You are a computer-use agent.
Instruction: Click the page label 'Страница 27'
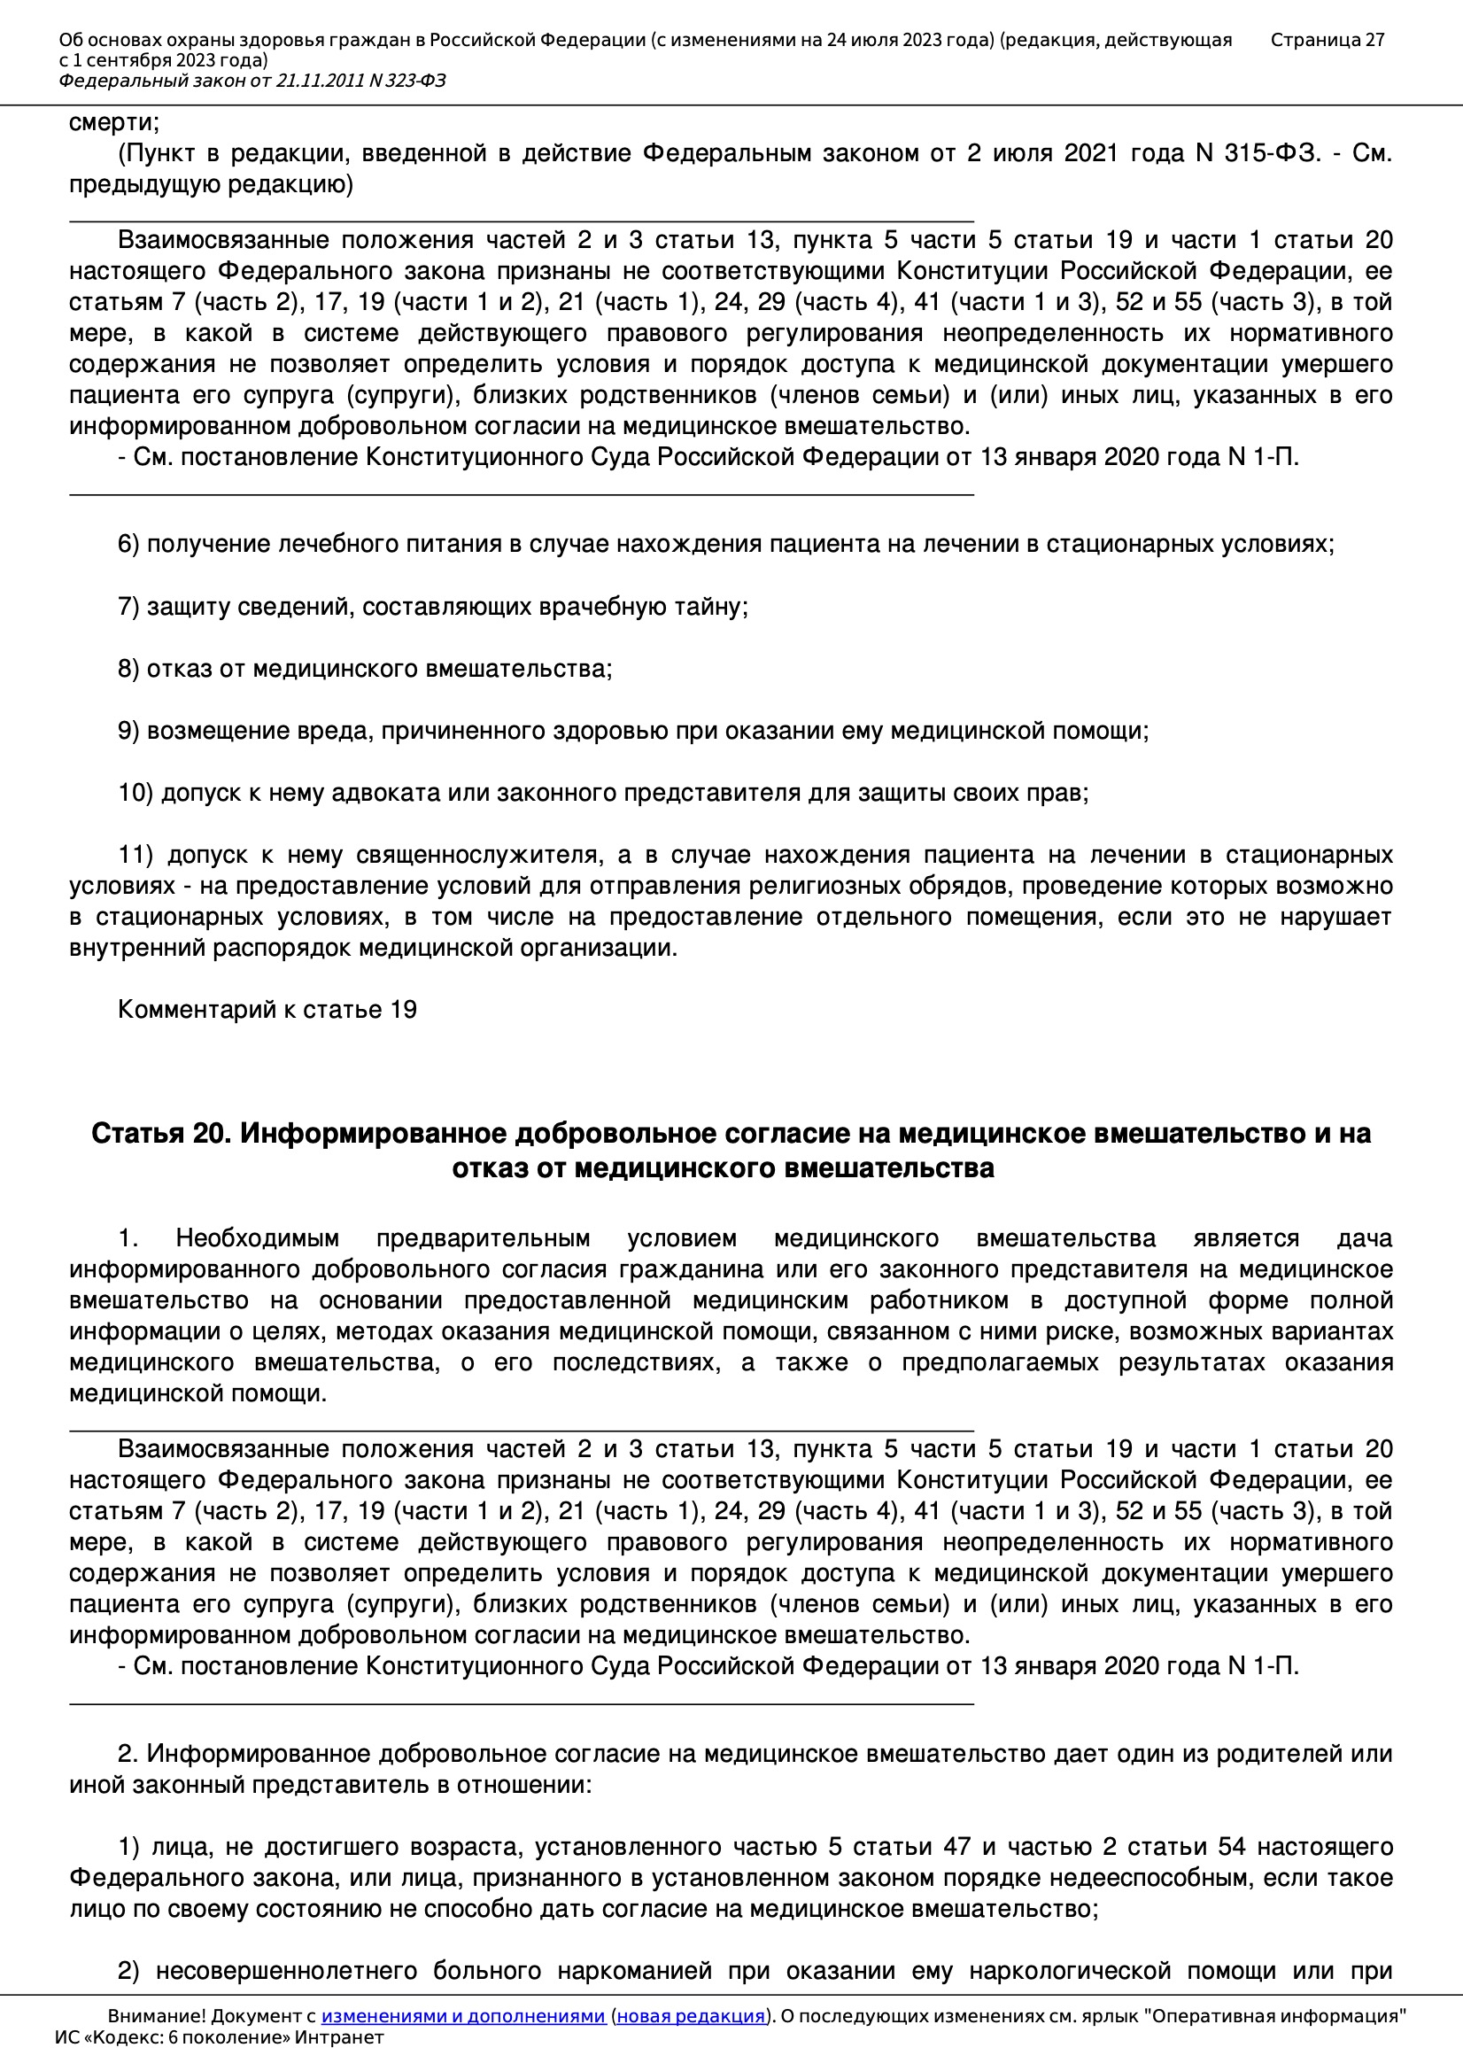[x=1327, y=40]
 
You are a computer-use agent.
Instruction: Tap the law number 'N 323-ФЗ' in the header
[x=406, y=81]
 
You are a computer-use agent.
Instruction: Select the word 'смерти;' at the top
[x=113, y=122]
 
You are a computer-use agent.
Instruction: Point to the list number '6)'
[x=128, y=544]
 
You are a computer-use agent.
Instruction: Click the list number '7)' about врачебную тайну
[x=128, y=606]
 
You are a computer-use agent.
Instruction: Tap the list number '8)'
[x=128, y=669]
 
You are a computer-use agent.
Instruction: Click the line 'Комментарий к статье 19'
[x=267, y=1009]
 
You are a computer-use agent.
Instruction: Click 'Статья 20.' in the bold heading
[x=160, y=1134]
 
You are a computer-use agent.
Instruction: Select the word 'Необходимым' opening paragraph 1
[x=257, y=1238]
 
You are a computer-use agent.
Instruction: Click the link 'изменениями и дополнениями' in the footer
[x=462, y=2016]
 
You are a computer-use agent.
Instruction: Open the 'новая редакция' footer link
[x=690, y=2016]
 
